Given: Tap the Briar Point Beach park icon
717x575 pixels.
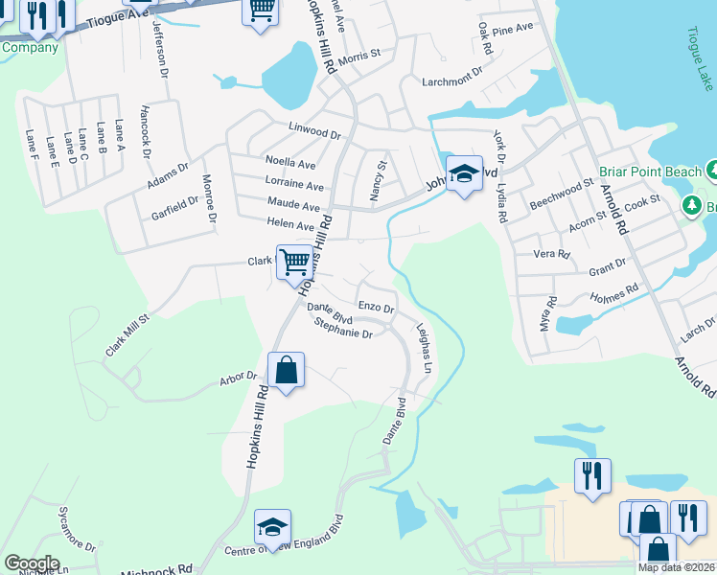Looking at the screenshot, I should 713,172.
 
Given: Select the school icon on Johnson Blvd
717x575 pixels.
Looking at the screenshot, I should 464,173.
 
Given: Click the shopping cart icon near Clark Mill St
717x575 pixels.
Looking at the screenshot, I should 294,260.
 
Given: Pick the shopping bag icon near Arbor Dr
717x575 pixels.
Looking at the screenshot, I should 287,369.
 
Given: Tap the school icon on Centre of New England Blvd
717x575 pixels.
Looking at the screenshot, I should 272,527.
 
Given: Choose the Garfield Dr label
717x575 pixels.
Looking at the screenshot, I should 174,209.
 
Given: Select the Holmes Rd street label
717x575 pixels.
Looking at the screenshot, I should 618,290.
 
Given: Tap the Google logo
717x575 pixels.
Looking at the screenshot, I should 32,563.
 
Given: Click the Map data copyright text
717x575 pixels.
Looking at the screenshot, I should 677,567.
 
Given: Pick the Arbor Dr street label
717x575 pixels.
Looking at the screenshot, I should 239,377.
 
